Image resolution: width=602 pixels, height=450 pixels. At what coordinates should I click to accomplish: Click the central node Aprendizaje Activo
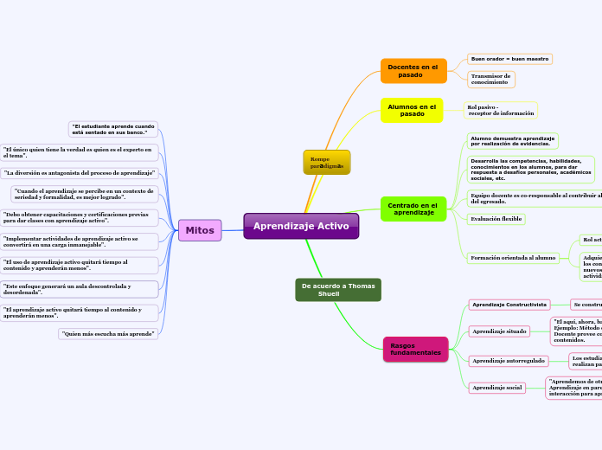pyautogui.click(x=301, y=226)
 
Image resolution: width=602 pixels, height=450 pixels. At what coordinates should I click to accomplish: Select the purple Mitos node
pyautogui.click(x=200, y=230)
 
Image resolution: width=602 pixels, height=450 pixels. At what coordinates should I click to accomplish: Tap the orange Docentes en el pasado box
pyautogui.click(x=413, y=71)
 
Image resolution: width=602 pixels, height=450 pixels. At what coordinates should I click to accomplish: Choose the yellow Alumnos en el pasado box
pyautogui.click(x=413, y=111)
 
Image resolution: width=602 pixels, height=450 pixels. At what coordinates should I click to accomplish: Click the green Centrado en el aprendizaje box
pyautogui.click(x=413, y=209)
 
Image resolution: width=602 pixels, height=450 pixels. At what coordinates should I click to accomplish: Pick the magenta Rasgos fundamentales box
pyautogui.click(x=415, y=350)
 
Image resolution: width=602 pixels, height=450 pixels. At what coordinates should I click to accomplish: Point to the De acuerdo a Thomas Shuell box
pyautogui.click(x=338, y=290)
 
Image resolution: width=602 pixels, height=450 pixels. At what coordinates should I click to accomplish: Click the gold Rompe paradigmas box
pyautogui.click(x=326, y=163)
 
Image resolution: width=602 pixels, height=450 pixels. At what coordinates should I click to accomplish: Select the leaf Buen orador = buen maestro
pyautogui.click(x=509, y=59)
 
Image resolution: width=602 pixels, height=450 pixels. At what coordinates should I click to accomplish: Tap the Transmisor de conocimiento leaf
pyautogui.click(x=491, y=80)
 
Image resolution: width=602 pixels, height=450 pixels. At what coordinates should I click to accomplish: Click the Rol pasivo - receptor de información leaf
pyautogui.click(x=501, y=110)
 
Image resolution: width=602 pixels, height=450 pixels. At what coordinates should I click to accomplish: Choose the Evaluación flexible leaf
pyautogui.click(x=496, y=219)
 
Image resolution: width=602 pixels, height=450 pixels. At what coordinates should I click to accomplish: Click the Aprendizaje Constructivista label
pyautogui.click(x=509, y=305)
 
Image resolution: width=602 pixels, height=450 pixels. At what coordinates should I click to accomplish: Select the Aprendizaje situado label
pyautogui.click(x=499, y=331)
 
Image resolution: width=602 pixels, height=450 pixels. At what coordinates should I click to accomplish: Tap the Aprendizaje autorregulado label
pyautogui.click(x=509, y=360)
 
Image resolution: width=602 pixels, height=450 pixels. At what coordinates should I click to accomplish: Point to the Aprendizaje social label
pyautogui.click(x=497, y=388)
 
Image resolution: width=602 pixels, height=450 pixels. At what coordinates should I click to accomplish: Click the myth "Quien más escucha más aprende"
pyautogui.click(x=108, y=333)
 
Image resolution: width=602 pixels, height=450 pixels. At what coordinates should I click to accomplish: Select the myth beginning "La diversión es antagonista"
pyautogui.click(x=80, y=173)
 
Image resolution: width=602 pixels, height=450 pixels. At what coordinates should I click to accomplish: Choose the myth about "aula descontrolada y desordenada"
pyautogui.click(x=80, y=289)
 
